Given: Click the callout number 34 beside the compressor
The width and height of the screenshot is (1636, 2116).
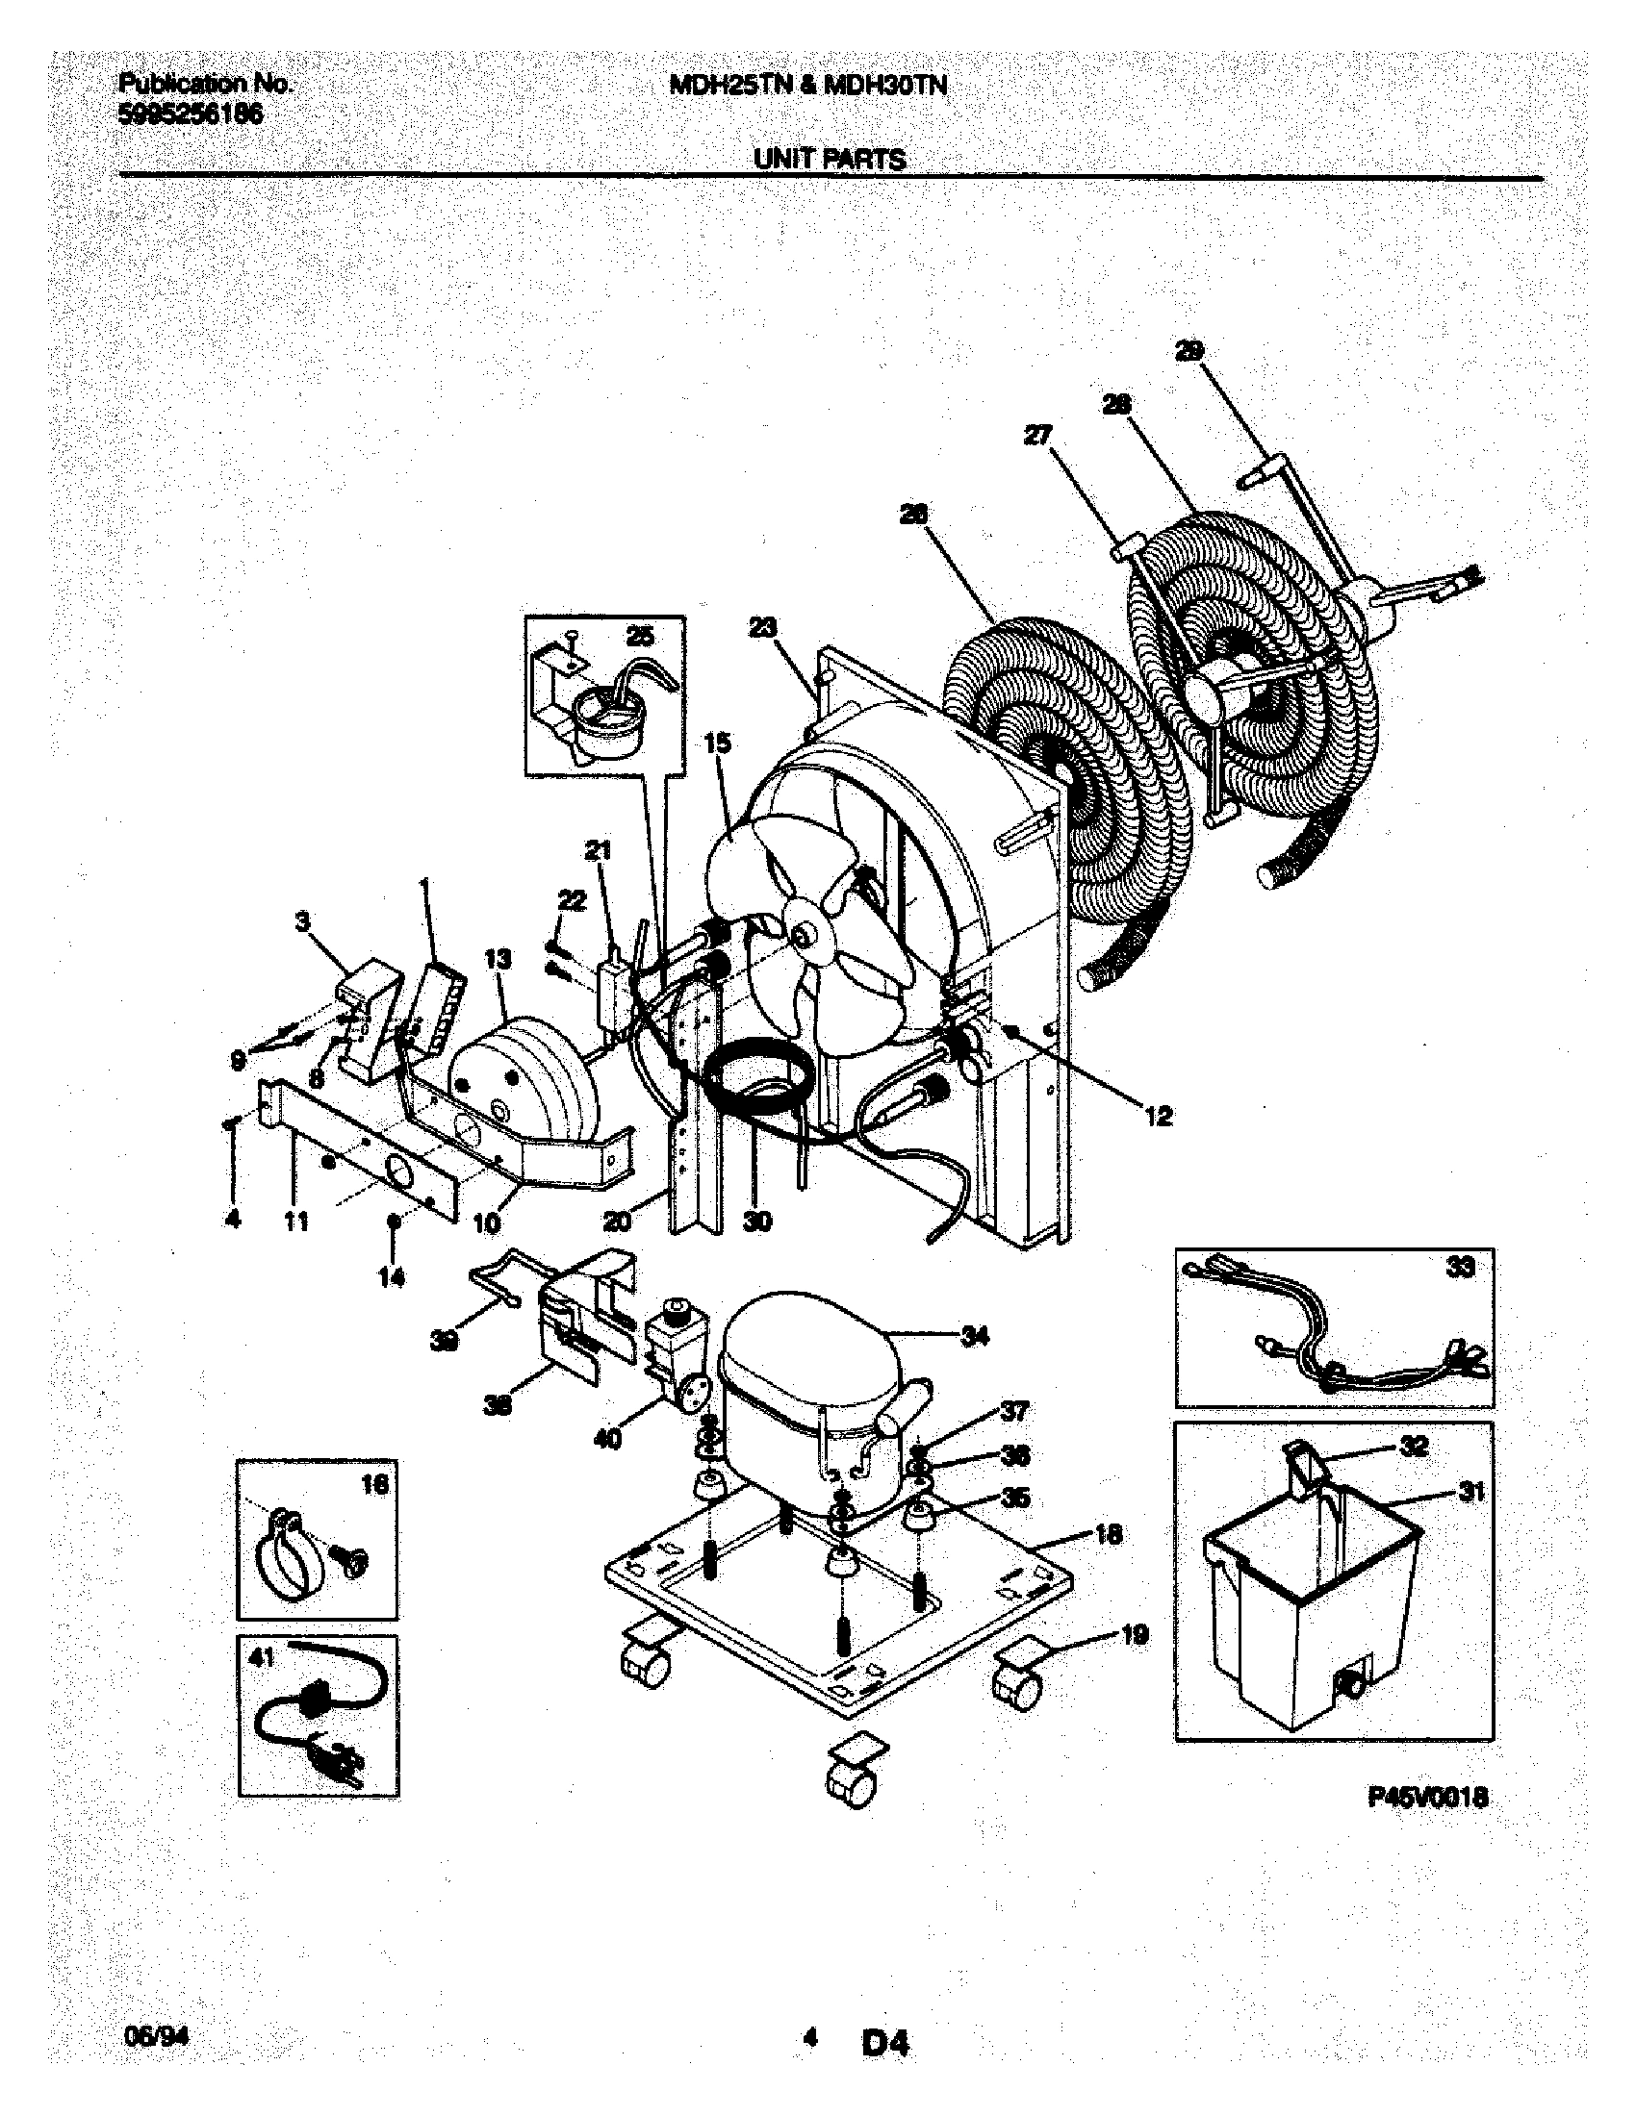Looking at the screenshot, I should coord(974,1337).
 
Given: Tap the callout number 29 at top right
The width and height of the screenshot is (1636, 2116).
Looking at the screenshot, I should coord(1189,352).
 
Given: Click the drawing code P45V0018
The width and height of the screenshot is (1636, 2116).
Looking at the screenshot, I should coord(1427,1799).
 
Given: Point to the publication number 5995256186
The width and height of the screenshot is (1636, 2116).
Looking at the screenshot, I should coord(190,114).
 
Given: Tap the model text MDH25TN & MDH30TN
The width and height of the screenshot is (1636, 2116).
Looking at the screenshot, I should coord(807,87).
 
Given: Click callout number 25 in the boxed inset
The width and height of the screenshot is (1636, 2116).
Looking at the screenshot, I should coord(640,637).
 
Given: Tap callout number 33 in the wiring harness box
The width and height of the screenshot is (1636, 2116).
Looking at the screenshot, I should coord(1460,1267).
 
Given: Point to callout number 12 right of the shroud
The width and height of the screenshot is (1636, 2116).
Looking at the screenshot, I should coord(1158,1116).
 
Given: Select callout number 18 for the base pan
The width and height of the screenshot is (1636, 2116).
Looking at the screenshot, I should coord(1108,1534).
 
